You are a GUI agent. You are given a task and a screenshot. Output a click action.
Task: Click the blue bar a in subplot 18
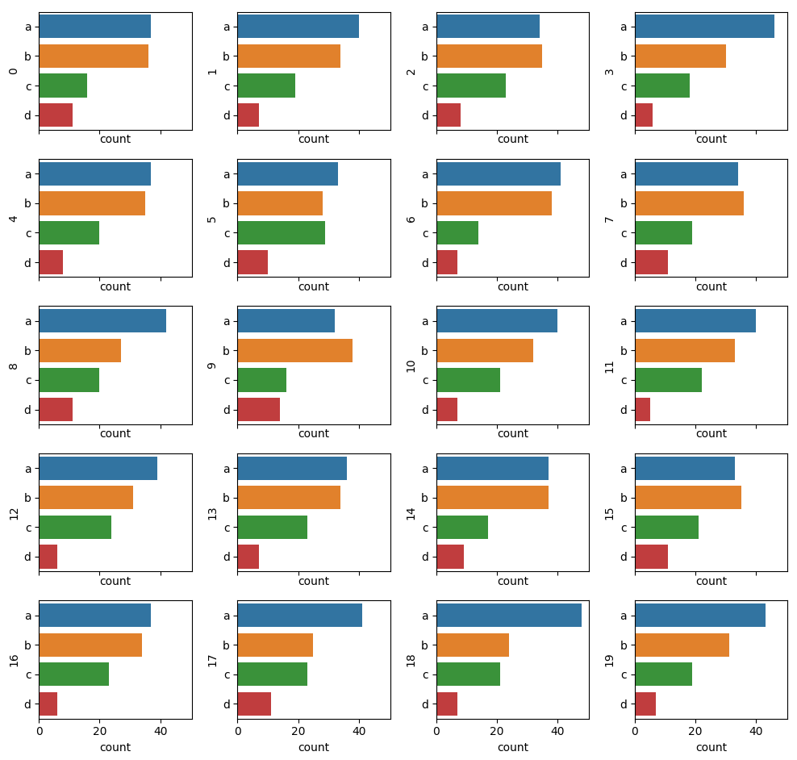point(508,616)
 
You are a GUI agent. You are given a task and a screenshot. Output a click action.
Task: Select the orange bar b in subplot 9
point(294,350)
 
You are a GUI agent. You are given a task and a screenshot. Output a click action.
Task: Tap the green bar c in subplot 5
point(281,232)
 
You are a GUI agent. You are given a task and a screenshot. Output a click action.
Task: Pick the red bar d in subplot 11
point(642,409)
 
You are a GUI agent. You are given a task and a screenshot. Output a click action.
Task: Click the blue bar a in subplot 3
point(704,27)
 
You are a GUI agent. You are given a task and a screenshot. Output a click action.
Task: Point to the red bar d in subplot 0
point(56,115)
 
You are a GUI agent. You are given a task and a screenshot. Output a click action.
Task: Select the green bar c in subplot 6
point(457,232)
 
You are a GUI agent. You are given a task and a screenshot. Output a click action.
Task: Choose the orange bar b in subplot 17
point(275,645)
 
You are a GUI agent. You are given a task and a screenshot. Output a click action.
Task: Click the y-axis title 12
point(14,512)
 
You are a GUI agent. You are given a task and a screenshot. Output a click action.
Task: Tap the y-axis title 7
point(610,219)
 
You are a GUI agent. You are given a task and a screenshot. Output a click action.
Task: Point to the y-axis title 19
point(610,660)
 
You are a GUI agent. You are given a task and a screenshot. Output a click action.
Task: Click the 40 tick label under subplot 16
point(161,732)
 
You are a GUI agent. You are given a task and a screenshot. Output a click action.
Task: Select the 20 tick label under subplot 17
point(298,732)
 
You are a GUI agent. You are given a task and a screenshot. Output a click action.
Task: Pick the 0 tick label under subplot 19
point(635,732)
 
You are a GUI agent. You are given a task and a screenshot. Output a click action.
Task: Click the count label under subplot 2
point(512,139)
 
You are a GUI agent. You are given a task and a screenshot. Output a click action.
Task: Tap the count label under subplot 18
point(512,747)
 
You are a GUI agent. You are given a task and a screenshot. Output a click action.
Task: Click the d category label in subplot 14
point(425,557)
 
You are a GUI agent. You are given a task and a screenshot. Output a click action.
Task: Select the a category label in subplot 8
point(27,321)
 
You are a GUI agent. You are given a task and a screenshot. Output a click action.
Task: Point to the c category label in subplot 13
point(227,528)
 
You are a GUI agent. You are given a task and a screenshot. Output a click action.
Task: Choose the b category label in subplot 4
point(27,203)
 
